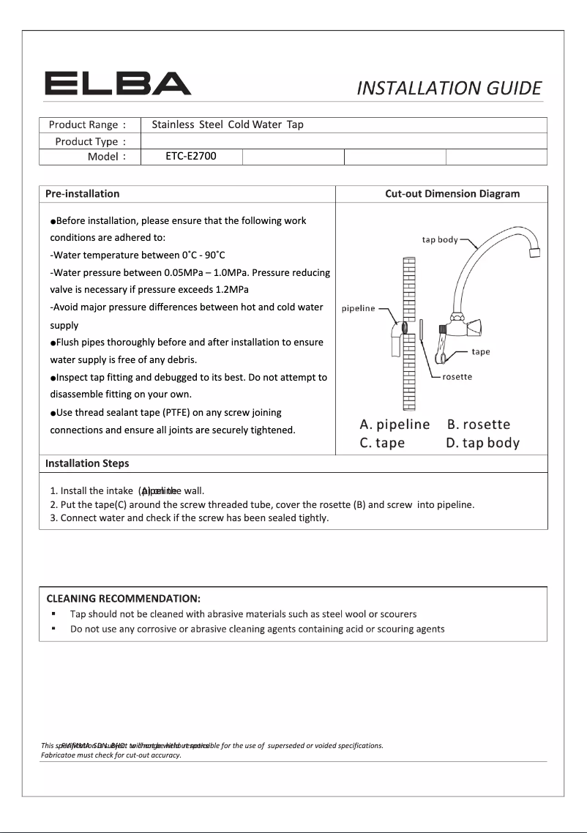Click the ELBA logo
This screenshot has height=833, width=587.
[118, 83]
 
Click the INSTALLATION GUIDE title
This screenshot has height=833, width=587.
[449, 89]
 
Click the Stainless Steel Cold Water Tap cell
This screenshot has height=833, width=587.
[227, 125]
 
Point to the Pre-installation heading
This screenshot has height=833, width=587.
[83, 194]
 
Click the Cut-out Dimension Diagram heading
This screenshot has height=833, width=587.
[452, 194]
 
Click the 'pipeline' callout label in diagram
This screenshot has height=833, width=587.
[359, 308]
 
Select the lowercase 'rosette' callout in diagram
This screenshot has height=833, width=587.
[457, 377]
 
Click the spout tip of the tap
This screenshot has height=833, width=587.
[534, 253]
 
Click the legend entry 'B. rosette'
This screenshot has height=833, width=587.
[479, 425]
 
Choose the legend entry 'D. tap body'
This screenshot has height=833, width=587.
[482, 443]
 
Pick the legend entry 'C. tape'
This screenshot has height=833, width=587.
[382, 443]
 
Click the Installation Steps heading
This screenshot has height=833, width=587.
[87, 463]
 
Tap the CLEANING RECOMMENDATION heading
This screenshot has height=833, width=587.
[124, 599]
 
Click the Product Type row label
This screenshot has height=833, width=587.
[91, 141]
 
